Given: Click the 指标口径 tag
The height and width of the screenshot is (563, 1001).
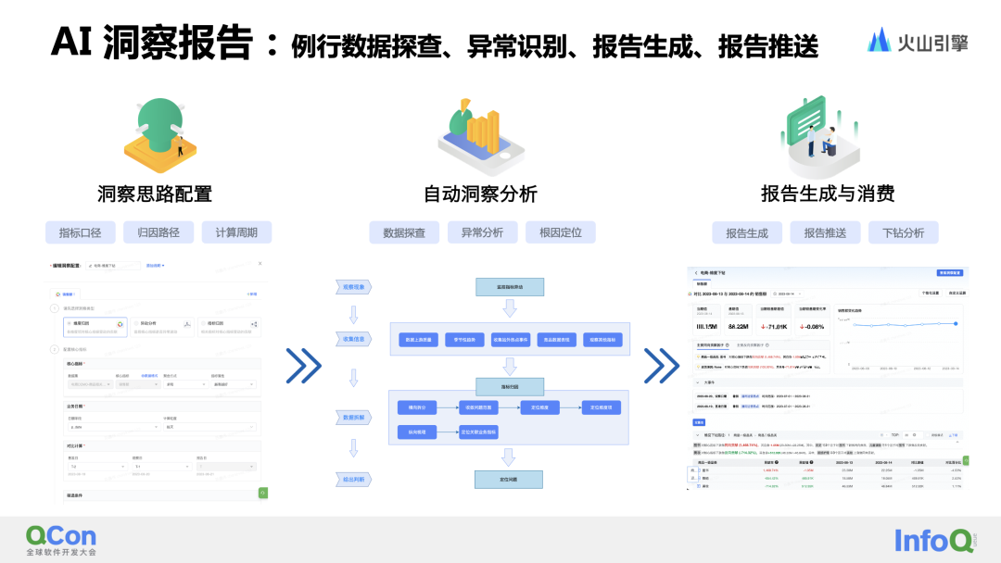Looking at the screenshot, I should [80, 232].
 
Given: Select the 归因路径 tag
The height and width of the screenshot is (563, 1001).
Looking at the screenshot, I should [158, 232].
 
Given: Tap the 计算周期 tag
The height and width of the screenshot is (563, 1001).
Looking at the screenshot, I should [236, 232].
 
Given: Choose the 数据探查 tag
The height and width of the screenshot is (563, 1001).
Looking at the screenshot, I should [404, 232].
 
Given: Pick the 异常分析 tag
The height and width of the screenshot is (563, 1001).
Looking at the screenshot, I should [482, 232].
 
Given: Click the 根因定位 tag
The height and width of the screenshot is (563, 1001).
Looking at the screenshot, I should [560, 232].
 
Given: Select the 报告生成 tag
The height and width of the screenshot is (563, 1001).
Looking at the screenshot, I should [747, 232].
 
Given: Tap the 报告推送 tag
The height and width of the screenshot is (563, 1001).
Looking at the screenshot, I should [825, 232].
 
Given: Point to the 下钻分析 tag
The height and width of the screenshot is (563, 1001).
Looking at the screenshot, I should [903, 232].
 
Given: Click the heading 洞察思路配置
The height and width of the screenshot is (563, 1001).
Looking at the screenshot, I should [155, 194].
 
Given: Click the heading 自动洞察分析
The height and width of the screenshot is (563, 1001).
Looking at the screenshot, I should [480, 194].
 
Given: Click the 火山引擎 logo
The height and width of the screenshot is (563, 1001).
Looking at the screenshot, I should [918, 40].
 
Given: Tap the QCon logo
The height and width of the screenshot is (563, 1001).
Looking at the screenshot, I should [60, 540].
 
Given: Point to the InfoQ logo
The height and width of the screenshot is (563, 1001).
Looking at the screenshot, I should [933, 540].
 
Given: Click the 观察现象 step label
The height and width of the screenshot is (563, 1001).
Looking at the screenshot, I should [353, 288].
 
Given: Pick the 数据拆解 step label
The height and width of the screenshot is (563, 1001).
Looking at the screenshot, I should [353, 418].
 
